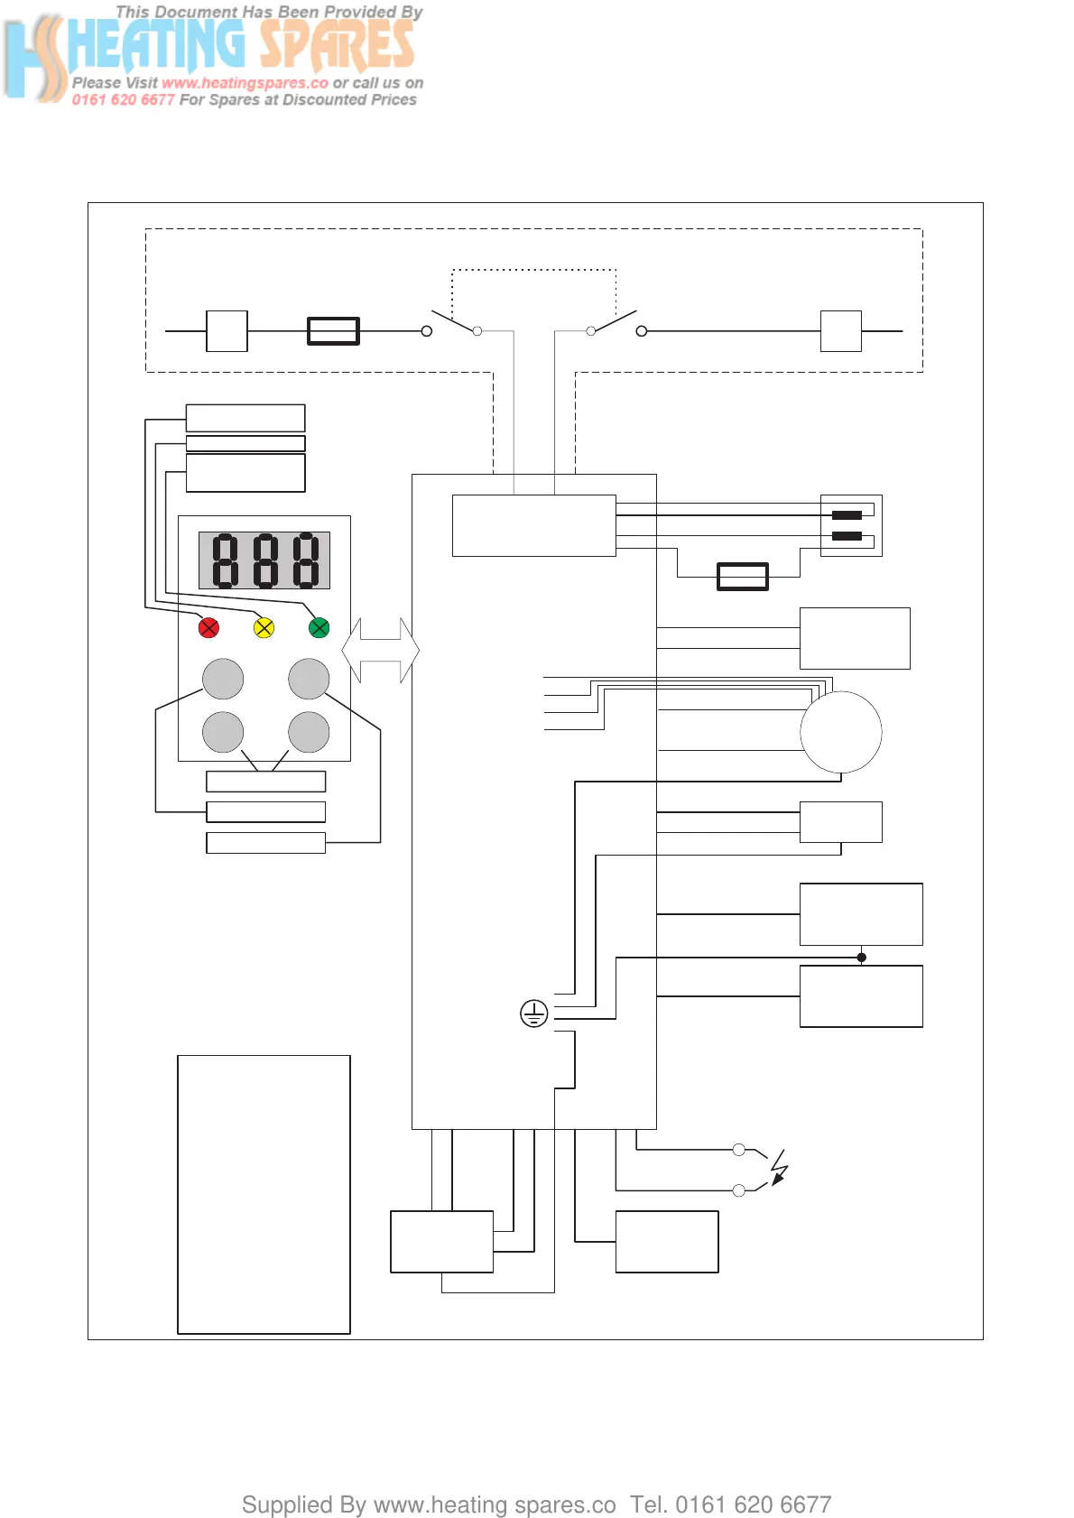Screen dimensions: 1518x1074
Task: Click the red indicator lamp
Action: [208, 627]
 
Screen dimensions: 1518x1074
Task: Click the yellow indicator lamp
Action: [264, 627]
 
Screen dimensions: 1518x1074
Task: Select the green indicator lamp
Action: [319, 627]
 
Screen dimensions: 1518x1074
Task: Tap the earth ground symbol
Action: [534, 1014]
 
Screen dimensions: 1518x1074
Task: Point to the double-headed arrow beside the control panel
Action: [381, 650]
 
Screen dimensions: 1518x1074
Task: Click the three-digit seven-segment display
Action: [264, 560]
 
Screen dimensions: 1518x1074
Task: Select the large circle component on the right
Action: [841, 732]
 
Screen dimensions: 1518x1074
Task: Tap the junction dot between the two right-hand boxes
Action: [862, 957]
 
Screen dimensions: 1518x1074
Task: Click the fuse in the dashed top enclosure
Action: [334, 331]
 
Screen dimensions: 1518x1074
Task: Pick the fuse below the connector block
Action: [743, 576]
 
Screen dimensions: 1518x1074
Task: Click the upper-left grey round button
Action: [223, 679]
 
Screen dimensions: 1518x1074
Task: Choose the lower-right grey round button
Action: [309, 732]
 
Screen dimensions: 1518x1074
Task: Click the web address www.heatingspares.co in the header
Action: [245, 83]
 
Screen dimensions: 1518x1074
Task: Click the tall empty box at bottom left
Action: [264, 1194]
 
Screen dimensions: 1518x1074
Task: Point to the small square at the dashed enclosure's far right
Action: [841, 331]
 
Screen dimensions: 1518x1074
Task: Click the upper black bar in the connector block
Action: [847, 515]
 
